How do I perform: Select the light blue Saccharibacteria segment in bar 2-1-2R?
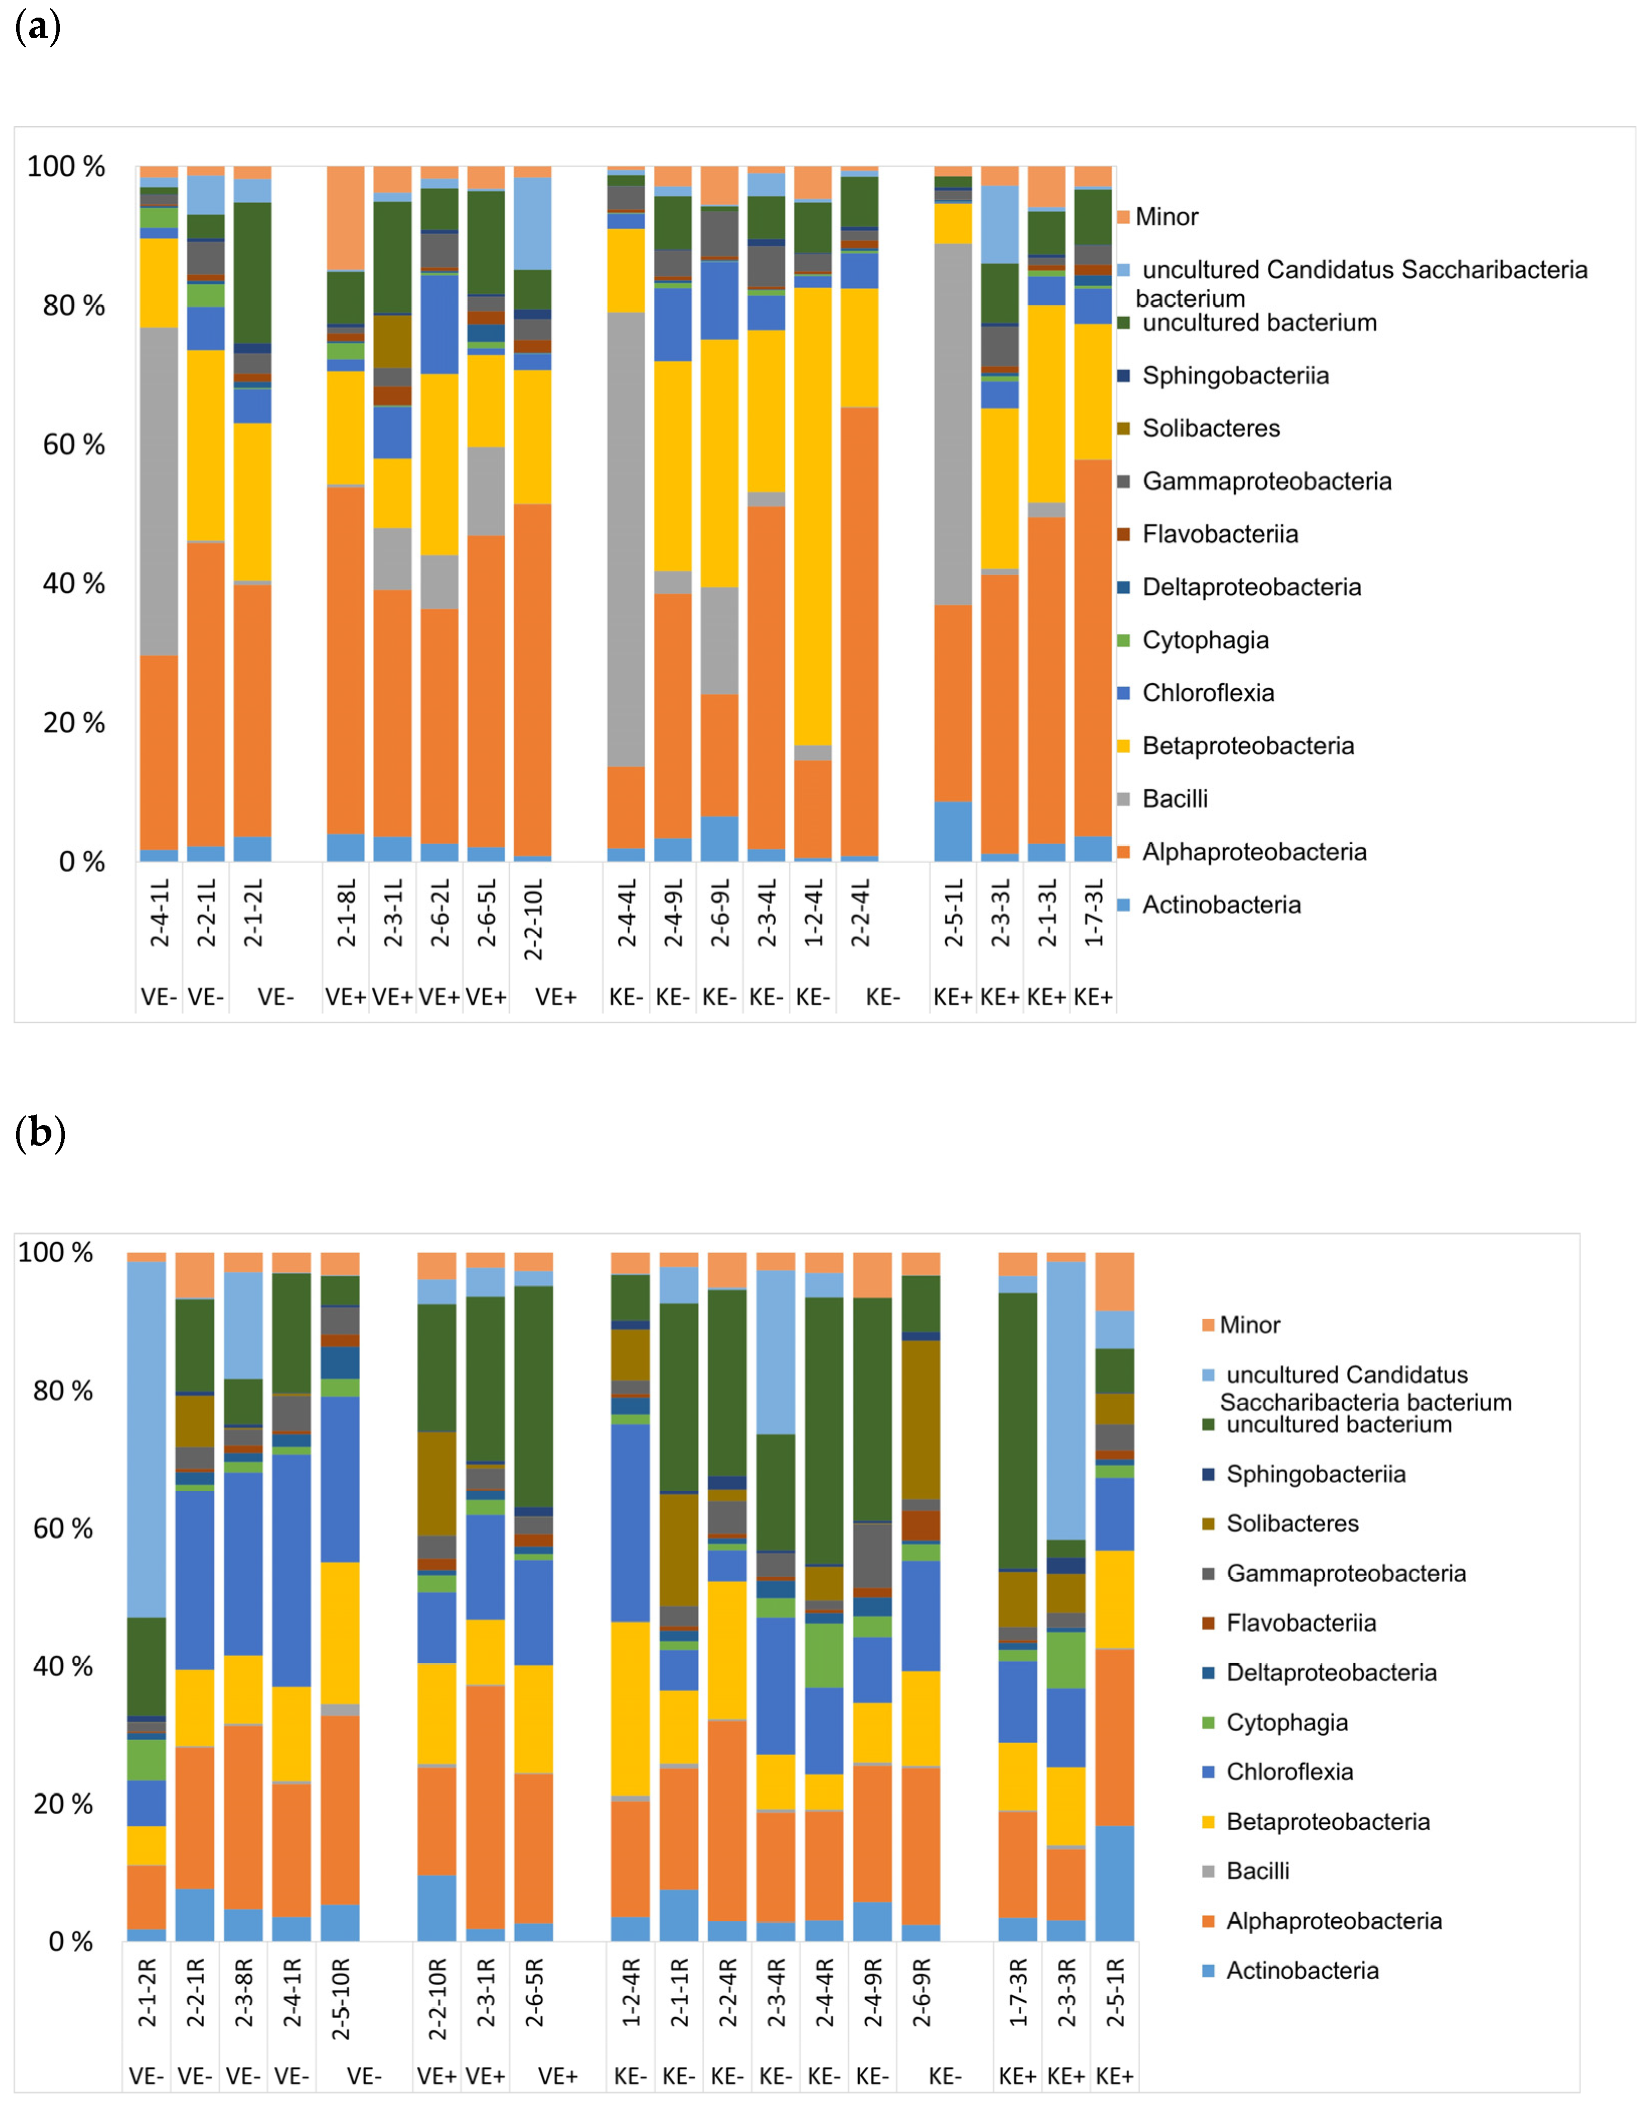pyautogui.click(x=147, y=1439)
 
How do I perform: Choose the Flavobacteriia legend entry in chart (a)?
pyautogui.click(x=1220, y=534)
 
